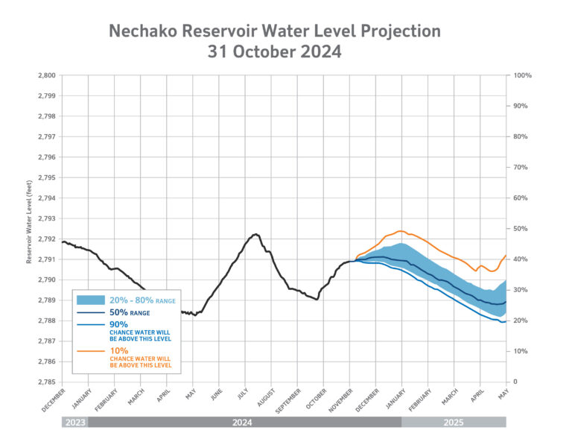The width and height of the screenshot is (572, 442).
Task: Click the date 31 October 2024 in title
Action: click(274, 52)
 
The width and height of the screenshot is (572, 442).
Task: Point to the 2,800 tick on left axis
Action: click(45, 75)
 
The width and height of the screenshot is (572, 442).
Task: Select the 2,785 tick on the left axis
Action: click(45, 382)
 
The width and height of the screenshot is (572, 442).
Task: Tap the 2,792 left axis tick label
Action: click(45, 239)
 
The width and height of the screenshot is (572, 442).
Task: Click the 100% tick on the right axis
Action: click(523, 75)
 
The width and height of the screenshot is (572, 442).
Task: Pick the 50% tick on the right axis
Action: click(521, 229)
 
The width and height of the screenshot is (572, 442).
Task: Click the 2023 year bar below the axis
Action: click(74, 422)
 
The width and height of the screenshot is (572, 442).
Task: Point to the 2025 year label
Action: click(454, 422)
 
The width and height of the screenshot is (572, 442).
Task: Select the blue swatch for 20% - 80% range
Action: click(94, 300)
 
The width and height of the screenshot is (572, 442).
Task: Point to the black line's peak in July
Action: click(255, 234)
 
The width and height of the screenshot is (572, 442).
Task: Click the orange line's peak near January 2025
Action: click(401, 231)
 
